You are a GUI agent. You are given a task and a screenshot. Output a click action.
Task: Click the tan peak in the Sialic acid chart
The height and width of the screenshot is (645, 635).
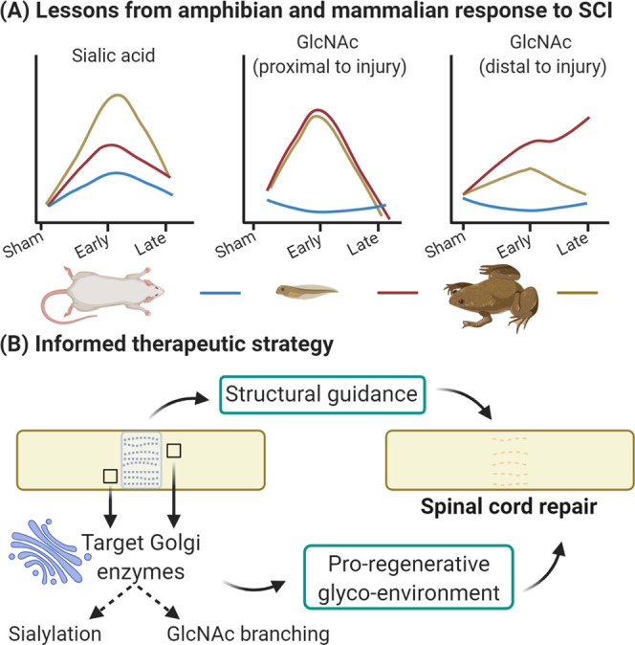[117, 96]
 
